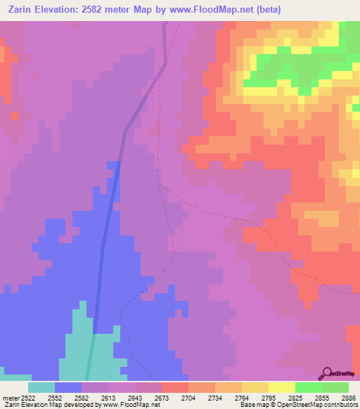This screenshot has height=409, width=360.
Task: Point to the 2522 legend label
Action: pos(27,397)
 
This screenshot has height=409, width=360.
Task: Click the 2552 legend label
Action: pos(54,397)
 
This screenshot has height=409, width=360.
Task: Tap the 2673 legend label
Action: pos(161,397)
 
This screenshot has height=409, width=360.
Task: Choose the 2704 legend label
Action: pos(188,397)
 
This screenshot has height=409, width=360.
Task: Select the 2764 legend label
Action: pos(241,397)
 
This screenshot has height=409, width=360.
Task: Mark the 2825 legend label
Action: pos(295,397)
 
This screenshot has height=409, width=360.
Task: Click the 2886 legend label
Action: pos(348,397)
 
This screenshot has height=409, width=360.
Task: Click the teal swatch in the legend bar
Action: pos(41,387)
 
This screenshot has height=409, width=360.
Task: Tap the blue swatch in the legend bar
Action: pos(68,387)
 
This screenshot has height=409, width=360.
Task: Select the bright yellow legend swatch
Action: pos(282,387)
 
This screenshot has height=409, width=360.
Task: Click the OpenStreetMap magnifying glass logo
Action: pos(326,372)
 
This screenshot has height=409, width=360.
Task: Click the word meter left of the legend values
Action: pos(10,397)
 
